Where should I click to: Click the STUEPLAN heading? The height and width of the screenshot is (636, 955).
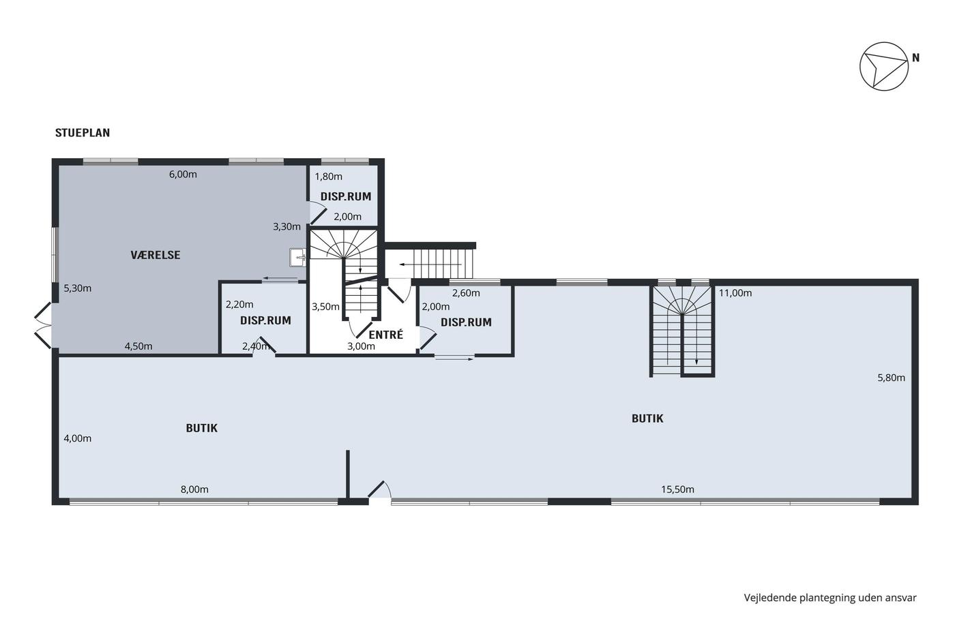pyautogui.click(x=83, y=132)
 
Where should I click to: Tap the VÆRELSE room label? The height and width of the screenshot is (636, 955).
pyautogui.click(x=156, y=255)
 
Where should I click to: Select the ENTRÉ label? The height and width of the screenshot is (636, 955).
pyautogui.click(x=386, y=335)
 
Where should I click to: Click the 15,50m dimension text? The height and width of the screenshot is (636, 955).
pyautogui.click(x=677, y=489)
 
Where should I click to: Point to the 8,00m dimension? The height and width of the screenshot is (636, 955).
pyautogui.click(x=194, y=489)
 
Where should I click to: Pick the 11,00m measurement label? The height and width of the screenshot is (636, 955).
pyautogui.click(x=735, y=292)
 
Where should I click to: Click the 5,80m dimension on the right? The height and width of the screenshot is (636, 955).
pyautogui.click(x=891, y=378)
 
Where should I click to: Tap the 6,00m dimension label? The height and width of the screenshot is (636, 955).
pyautogui.click(x=183, y=175)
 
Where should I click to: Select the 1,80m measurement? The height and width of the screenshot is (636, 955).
pyautogui.click(x=328, y=177)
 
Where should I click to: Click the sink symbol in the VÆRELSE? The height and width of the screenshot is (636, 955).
pyautogui.click(x=297, y=257)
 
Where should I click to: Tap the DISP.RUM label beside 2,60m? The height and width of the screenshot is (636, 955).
pyautogui.click(x=466, y=322)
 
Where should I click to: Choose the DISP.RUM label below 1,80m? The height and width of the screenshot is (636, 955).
pyautogui.click(x=346, y=196)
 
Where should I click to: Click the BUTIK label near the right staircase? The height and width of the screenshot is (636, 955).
pyautogui.click(x=647, y=419)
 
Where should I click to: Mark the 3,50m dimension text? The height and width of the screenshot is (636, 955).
pyautogui.click(x=325, y=307)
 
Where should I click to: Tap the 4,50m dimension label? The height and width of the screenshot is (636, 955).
pyautogui.click(x=138, y=346)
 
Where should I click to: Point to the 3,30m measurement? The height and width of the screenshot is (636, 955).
pyautogui.click(x=286, y=226)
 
